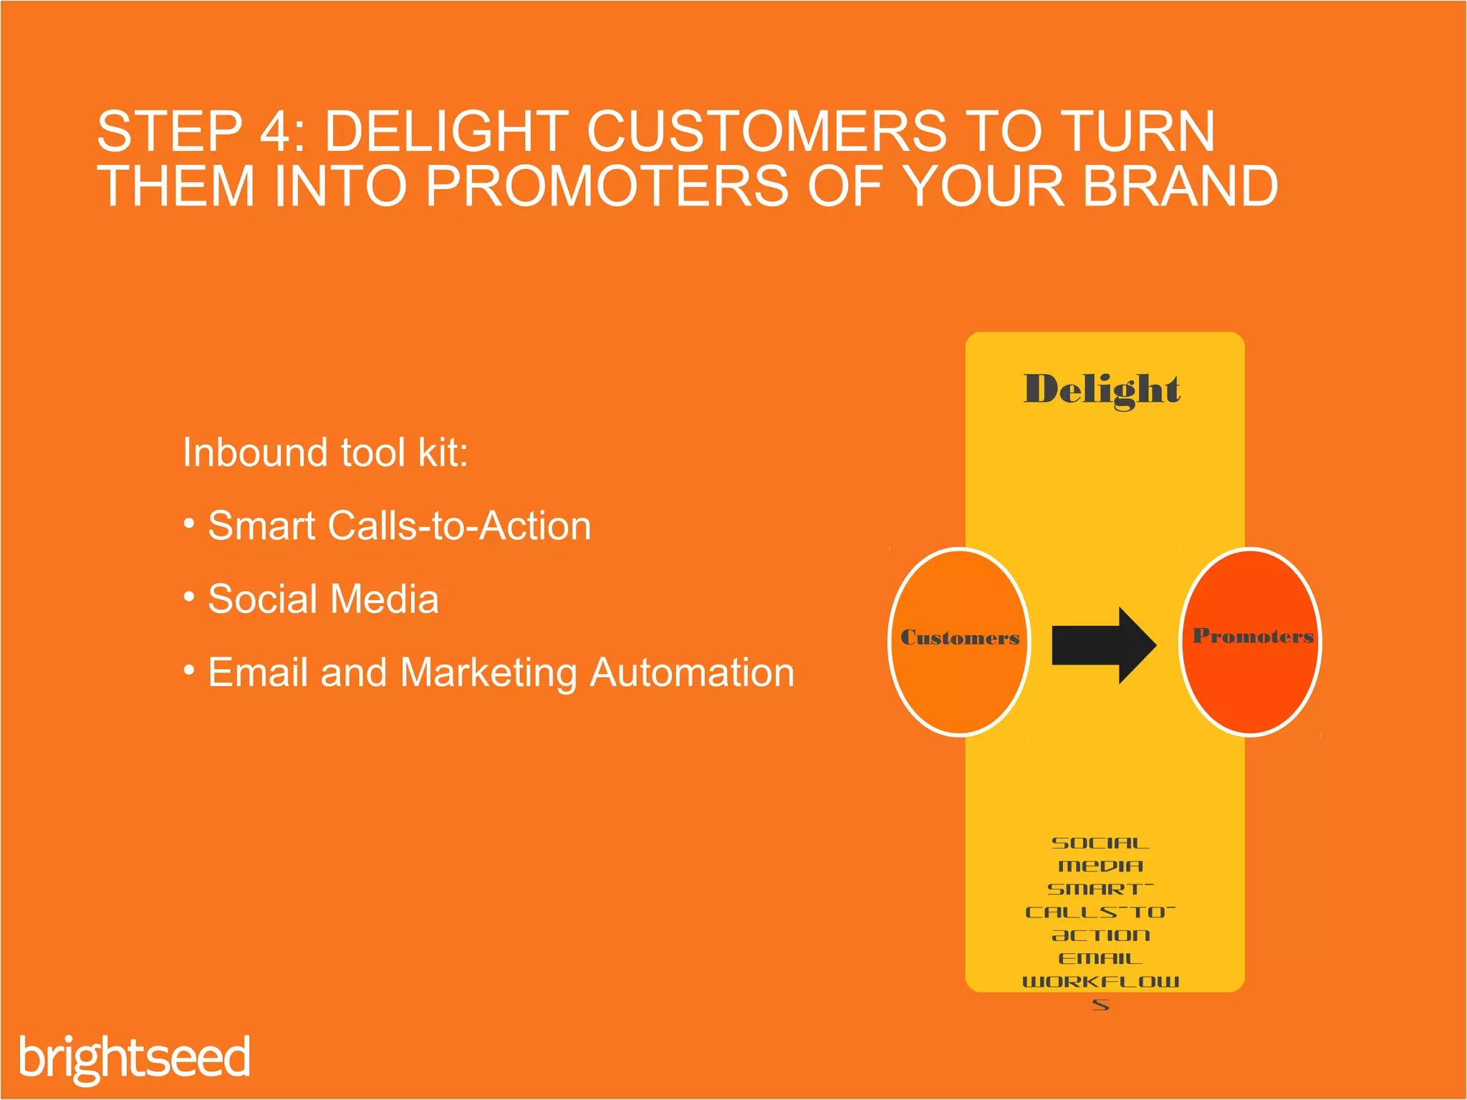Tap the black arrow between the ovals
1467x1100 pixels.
click(1102, 645)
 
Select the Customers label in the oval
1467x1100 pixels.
click(959, 637)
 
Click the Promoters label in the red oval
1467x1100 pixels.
click(1252, 636)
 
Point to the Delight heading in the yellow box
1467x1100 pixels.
click(1101, 390)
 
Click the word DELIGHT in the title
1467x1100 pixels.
click(446, 132)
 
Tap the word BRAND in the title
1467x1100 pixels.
click(1180, 186)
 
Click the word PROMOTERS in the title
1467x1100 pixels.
click(607, 186)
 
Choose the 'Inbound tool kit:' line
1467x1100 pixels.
click(325, 453)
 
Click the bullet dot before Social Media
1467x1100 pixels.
click(189, 596)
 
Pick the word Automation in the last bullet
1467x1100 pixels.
click(692, 672)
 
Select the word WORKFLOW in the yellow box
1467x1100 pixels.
click(1100, 981)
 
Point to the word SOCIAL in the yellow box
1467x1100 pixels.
click(1100, 843)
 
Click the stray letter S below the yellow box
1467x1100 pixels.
click(1101, 1005)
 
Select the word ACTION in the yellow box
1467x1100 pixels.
click(1101, 935)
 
